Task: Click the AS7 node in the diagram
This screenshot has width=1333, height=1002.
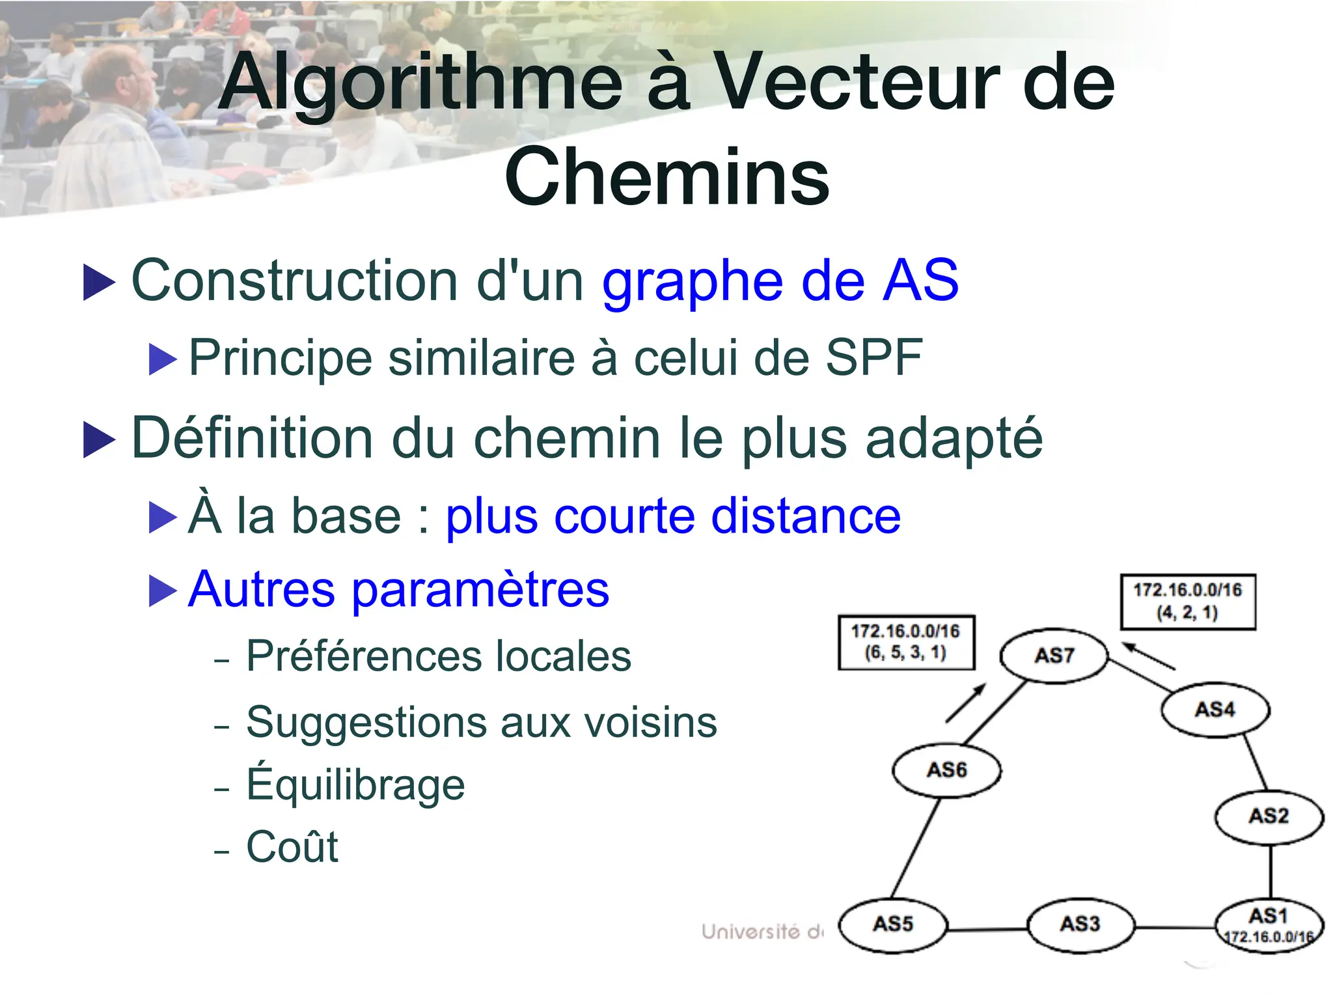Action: [x=1053, y=655]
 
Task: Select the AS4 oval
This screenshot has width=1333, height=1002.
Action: [x=1215, y=709]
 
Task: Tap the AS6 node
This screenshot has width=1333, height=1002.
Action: [x=946, y=770]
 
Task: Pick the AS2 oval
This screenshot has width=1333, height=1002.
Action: [x=1269, y=816]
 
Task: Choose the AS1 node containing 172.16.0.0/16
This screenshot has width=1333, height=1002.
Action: [x=1269, y=925]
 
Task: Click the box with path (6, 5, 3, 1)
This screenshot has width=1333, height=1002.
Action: [x=906, y=642]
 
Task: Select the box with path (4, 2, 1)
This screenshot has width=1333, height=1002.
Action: [x=1187, y=601]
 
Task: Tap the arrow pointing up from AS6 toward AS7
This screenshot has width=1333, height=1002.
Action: [x=967, y=703]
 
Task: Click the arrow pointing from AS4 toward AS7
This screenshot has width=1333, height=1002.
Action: [x=1149, y=656]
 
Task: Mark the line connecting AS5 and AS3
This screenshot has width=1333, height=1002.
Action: [x=987, y=928]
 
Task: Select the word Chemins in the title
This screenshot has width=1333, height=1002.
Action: [x=666, y=177]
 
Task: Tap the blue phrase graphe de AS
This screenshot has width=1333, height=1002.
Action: [x=780, y=281]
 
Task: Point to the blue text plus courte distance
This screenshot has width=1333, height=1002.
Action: [x=673, y=516]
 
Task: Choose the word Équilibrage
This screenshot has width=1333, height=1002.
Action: [x=355, y=785]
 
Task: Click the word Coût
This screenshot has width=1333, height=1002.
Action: [x=292, y=847]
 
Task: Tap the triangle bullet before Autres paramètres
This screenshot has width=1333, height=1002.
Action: [x=162, y=591]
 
